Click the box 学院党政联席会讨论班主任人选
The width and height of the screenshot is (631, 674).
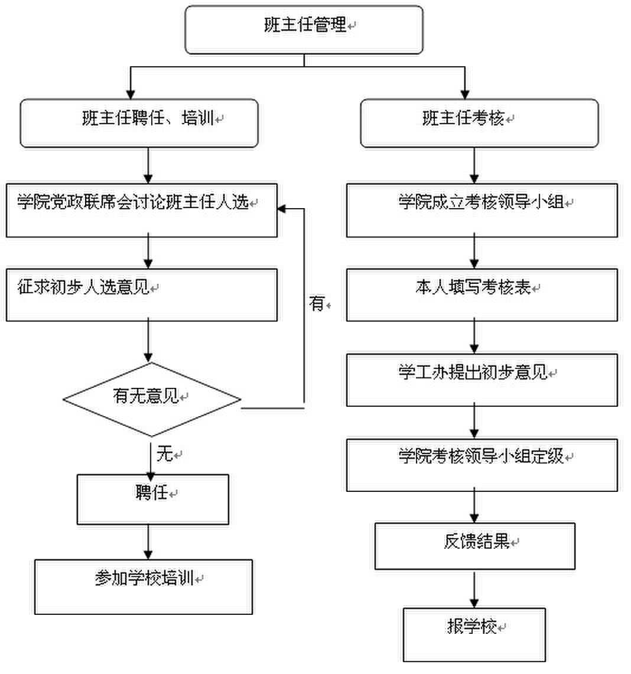(142, 210)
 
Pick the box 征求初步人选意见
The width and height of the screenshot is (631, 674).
(142, 295)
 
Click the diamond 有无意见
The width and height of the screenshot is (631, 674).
(152, 400)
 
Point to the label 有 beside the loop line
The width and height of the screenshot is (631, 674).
(317, 304)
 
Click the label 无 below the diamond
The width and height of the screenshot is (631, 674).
(164, 454)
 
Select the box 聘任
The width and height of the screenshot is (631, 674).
(152, 499)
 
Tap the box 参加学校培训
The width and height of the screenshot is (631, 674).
(144, 586)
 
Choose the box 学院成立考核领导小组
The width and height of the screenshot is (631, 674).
(482, 210)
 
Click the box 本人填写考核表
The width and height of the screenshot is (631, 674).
(482, 295)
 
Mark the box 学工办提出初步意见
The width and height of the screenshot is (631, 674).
(482, 380)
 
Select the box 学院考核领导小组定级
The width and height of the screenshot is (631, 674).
(482, 465)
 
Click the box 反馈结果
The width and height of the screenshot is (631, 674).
(475, 547)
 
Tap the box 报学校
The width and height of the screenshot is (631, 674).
(474, 634)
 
